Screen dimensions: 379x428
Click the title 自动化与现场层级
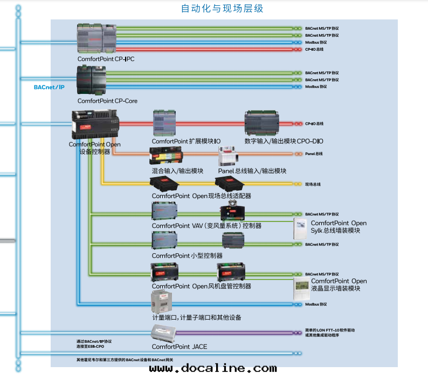[x=222, y=9]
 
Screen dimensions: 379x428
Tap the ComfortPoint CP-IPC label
[x=106, y=59]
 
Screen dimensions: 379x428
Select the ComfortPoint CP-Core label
[x=107, y=100]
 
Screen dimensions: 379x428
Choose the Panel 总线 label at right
[x=314, y=154]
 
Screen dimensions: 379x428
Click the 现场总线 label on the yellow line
[x=313, y=184]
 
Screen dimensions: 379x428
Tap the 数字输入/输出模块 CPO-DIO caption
[x=284, y=141]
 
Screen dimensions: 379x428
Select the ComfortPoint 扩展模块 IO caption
[x=186, y=141]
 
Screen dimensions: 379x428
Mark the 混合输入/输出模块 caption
[x=177, y=171]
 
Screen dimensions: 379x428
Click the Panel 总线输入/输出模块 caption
[x=252, y=171]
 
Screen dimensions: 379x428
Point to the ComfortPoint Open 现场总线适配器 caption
[x=201, y=195]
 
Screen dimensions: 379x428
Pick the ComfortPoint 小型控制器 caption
[x=187, y=255]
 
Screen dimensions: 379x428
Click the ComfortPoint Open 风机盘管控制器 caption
[x=201, y=286]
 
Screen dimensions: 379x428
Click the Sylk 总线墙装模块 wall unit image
[x=301, y=230]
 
